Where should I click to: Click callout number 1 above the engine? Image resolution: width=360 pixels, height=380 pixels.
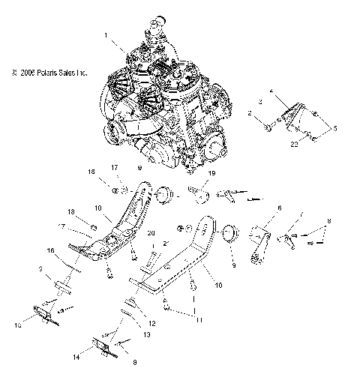[106, 35]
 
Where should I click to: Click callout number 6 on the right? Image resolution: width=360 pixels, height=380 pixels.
[279, 208]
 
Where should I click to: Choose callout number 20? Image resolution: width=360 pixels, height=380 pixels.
[151, 234]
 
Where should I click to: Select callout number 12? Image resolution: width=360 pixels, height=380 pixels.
[152, 324]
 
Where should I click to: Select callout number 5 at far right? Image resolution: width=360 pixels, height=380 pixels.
[335, 129]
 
